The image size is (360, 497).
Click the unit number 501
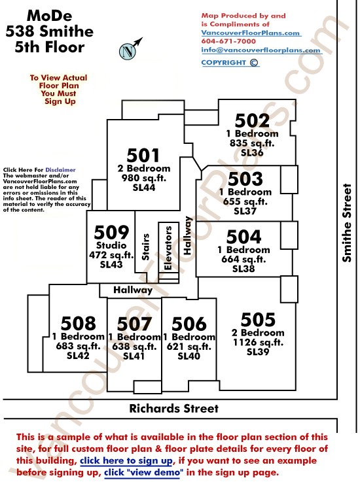point(143,156)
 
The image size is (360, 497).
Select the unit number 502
point(252,120)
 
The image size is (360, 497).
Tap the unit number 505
point(258,320)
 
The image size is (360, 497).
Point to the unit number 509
point(111,232)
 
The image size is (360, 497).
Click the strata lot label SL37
point(245,211)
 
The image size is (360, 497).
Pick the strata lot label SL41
point(134,356)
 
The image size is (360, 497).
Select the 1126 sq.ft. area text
point(258,343)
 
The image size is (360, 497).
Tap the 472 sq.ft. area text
point(111,255)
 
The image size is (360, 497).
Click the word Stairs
point(145,247)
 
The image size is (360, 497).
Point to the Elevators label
point(168,248)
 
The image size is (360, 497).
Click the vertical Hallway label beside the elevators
point(188,235)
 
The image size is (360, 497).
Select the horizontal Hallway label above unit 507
point(133,290)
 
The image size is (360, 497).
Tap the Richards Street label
point(174,408)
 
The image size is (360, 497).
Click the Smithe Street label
point(347,223)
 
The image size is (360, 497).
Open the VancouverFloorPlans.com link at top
point(251,33)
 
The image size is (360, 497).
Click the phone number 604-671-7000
point(228,41)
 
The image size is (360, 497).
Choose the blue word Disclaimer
point(60,170)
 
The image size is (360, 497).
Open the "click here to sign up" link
point(126,460)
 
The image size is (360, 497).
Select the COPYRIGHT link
point(230,62)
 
